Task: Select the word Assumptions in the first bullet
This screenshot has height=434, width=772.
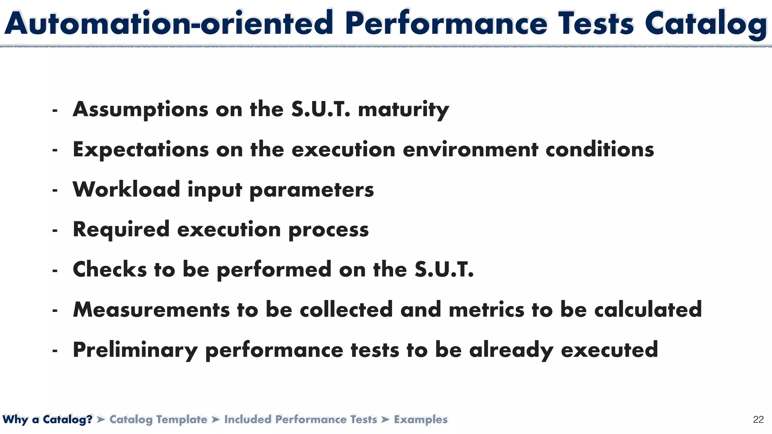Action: [141, 110]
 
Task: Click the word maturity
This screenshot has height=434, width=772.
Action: [403, 110]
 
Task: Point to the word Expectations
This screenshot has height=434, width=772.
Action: [141, 150]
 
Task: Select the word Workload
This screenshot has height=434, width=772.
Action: [126, 189]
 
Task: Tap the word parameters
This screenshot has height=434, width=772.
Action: [312, 189]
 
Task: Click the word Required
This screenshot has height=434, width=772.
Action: [121, 229]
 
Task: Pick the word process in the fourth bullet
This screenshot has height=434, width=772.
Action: [328, 229]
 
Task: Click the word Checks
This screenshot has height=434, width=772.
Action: [109, 269]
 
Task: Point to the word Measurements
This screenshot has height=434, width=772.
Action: [151, 310]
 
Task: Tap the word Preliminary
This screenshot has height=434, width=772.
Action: [135, 350]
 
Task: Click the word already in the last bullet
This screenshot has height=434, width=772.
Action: [511, 350]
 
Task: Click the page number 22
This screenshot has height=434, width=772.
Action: [758, 419]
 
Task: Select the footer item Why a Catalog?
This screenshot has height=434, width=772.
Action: [47, 419]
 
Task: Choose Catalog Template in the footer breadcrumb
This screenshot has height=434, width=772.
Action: [158, 419]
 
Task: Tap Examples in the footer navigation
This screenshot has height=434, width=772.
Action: [421, 419]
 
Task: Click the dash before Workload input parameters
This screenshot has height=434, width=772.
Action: [55, 191]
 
